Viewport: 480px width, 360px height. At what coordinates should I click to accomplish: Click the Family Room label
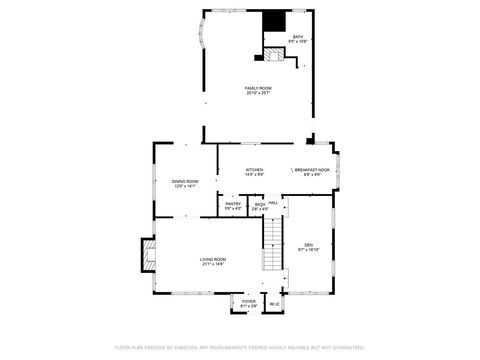[x=258, y=88]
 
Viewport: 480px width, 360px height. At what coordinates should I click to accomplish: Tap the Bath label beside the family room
[x=297, y=37]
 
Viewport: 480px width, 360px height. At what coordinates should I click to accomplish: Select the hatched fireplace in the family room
[x=274, y=55]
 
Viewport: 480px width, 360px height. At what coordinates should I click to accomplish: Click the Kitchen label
[x=254, y=170]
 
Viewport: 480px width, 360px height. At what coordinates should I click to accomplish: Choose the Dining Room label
[x=185, y=181]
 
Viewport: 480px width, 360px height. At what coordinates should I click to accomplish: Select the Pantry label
[x=232, y=204]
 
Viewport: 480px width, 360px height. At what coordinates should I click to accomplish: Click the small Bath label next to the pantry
[x=259, y=204]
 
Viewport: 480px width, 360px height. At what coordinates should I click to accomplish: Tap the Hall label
[x=273, y=204]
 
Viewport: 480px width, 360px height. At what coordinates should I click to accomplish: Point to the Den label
[x=309, y=244]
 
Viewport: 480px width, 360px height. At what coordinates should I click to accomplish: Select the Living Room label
[x=213, y=260]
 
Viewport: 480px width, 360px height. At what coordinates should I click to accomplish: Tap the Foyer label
[x=248, y=301]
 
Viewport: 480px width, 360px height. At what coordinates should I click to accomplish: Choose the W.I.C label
[x=274, y=304]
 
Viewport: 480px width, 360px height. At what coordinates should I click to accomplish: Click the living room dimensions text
[x=213, y=265]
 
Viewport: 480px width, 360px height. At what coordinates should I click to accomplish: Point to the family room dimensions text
[x=258, y=93]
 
